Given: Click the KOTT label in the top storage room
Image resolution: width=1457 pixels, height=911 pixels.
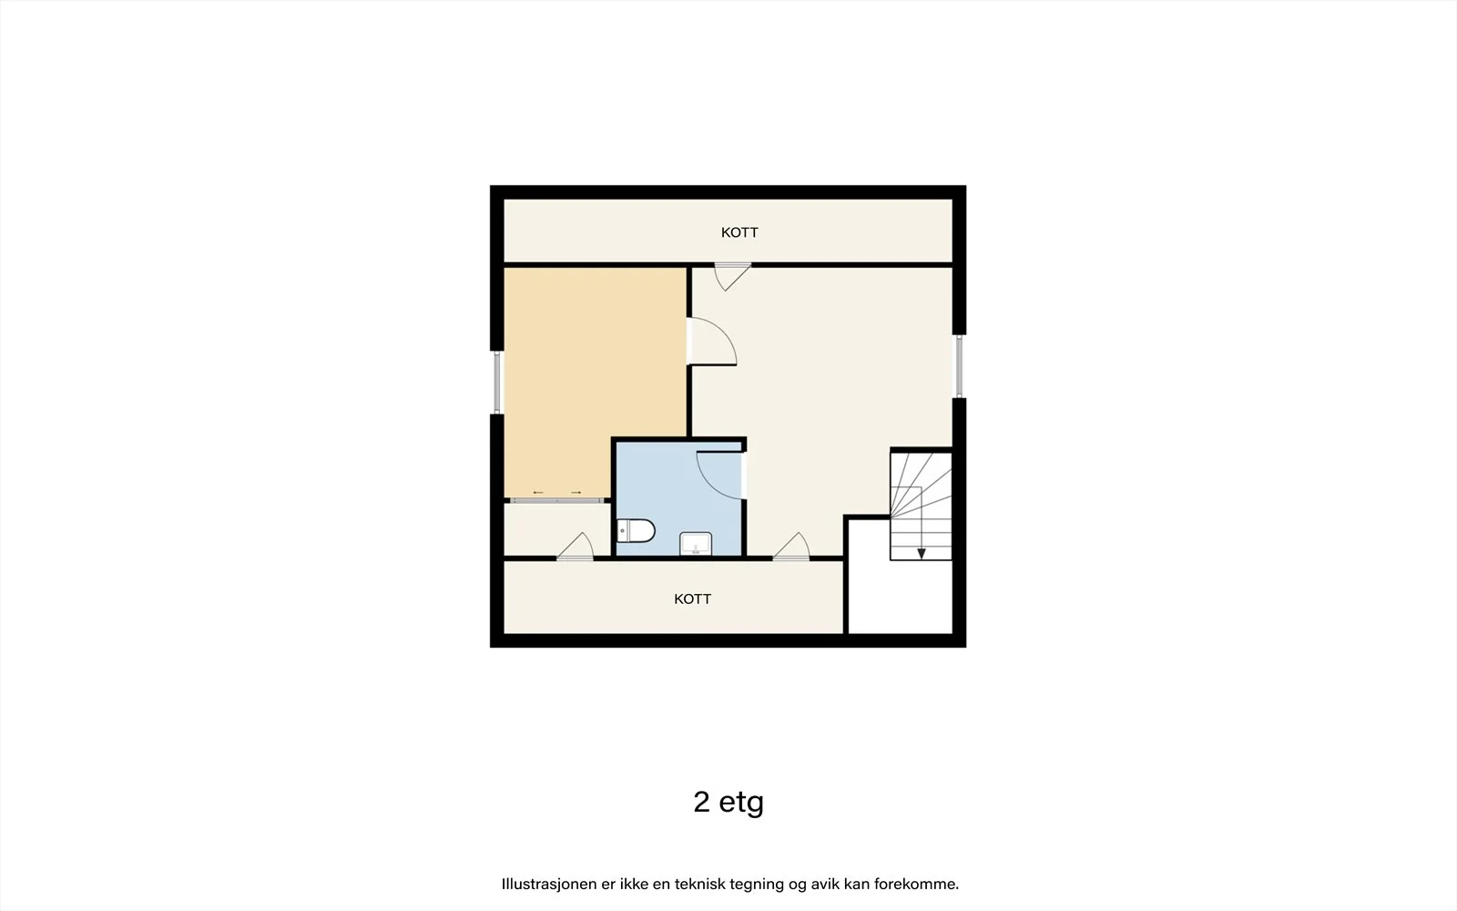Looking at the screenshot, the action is [739, 232].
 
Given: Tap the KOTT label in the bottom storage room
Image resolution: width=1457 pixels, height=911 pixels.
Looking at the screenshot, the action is [693, 599].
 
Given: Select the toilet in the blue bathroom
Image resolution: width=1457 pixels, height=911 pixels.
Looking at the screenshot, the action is [636, 530].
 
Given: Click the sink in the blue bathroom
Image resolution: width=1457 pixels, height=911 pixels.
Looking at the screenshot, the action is [696, 544].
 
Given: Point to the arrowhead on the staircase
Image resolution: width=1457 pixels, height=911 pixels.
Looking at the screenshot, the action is [921, 554].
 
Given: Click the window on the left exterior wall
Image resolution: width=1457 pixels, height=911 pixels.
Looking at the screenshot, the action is [497, 383].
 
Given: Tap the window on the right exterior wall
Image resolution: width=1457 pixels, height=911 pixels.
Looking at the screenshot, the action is [959, 365].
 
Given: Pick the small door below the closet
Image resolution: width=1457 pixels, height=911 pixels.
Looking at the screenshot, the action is [576, 547].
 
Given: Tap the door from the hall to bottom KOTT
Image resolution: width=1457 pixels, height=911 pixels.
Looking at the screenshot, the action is [791, 547].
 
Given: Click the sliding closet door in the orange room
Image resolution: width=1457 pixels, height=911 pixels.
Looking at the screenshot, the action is [556, 500].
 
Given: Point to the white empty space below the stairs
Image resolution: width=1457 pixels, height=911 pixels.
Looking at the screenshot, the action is [901, 596].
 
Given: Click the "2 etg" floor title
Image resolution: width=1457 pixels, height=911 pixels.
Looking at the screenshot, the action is [728, 803].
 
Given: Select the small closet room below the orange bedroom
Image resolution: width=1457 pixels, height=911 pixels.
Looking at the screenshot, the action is [557, 530].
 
